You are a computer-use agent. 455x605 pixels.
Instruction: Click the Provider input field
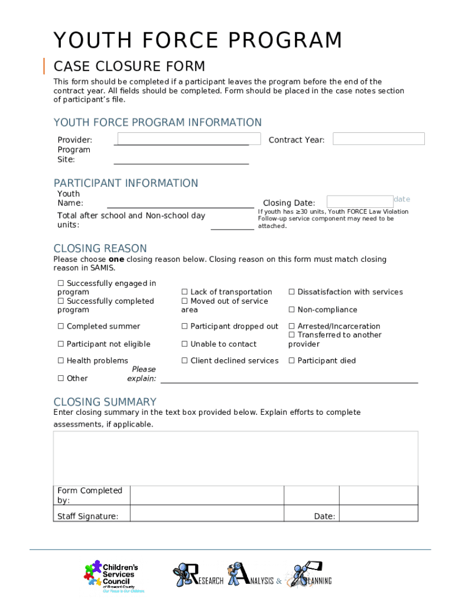[188, 139]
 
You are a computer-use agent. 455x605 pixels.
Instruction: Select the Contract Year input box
[378, 139]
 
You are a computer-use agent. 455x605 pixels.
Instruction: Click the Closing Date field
[359, 201]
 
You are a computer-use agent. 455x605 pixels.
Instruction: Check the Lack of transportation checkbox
[184, 292]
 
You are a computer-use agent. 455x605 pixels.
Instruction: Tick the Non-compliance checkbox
[291, 310]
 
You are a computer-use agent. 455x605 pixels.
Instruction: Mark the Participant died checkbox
[291, 360]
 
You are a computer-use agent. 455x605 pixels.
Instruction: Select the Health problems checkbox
[60, 360]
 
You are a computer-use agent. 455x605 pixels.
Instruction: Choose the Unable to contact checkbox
[184, 344]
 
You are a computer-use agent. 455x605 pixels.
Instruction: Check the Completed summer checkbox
[60, 326]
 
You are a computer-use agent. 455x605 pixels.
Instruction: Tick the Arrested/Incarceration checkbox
[291, 326]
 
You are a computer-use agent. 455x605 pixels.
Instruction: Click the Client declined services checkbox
[184, 360]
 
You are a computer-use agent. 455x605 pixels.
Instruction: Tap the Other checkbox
[60, 378]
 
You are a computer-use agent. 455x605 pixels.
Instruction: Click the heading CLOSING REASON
[100, 248]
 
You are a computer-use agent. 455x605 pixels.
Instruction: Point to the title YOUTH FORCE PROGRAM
[198, 41]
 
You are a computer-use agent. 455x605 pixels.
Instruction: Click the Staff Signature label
[87, 516]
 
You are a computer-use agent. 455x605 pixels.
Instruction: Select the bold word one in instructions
[116, 259]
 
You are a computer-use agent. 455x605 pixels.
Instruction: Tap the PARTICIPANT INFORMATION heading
[126, 183]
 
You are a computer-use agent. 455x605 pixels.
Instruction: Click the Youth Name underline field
[180, 203]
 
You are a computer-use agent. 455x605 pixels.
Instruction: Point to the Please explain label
[142, 374]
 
